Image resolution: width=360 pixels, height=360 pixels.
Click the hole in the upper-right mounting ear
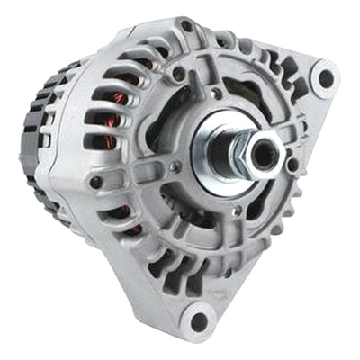pyautogui.click(x=325, y=79)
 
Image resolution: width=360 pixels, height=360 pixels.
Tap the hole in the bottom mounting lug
pyautogui.click(x=199, y=321)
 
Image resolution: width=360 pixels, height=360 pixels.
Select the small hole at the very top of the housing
pyautogui.click(x=185, y=26)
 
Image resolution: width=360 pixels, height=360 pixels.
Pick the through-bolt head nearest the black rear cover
pyautogui.click(x=95, y=183)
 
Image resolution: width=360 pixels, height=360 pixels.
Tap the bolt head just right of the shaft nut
pyautogui.click(x=292, y=165)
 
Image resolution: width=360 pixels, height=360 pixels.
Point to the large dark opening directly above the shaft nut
pyautogui.click(x=247, y=94)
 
